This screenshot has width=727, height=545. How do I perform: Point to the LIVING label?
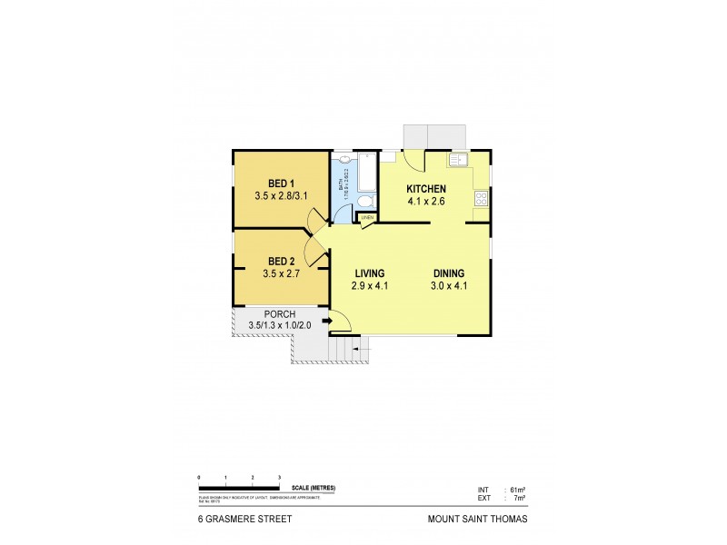click(x=369, y=273)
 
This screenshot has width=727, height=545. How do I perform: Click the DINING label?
click(x=448, y=273)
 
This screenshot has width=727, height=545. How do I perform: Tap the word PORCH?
click(x=280, y=314)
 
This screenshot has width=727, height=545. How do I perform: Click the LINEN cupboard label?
click(x=367, y=218)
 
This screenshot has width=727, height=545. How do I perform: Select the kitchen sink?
click(x=457, y=161)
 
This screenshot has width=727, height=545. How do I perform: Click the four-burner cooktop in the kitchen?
click(x=481, y=199)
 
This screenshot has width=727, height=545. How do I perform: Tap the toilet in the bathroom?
click(x=363, y=200)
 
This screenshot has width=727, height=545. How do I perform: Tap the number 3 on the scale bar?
click(x=279, y=477)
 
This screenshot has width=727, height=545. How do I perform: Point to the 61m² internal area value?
click(x=519, y=490)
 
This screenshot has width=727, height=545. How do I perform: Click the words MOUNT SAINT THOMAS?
click(x=476, y=520)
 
